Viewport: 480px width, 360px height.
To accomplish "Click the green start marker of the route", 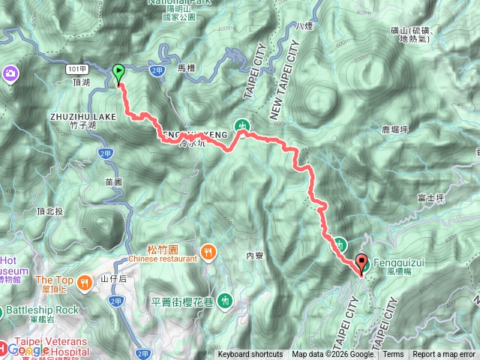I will (x=118, y=73).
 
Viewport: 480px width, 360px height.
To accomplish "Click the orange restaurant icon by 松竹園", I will (x=208, y=250).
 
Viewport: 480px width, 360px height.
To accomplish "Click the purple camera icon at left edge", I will (x=11, y=73).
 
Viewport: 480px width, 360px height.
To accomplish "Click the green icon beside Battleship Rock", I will (x=6, y=310).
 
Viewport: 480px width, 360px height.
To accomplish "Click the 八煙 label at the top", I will (x=304, y=26).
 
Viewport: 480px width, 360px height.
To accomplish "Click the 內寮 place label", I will (x=256, y=256).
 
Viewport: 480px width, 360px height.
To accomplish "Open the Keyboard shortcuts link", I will (x=250, y=355).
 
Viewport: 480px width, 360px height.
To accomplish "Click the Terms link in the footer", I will (x=393, y=355).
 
